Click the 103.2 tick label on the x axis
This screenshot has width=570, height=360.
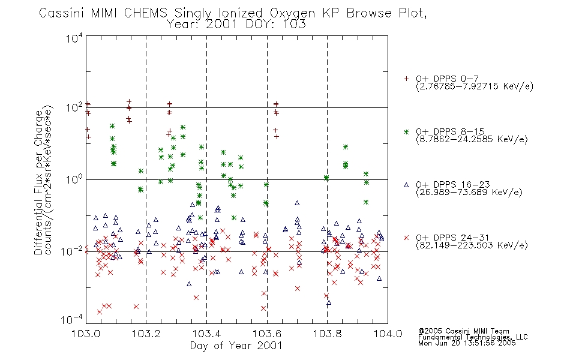point(146,334)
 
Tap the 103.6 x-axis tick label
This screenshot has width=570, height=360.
point(267,334)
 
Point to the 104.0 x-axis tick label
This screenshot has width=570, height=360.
point(388,334)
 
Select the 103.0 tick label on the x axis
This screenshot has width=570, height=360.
point(86,334)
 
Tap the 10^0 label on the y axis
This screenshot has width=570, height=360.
point(74,179)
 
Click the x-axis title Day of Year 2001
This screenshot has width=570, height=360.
point(236,346)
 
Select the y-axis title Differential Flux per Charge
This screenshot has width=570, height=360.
point(38,182)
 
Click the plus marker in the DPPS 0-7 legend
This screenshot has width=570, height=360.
point(406,79)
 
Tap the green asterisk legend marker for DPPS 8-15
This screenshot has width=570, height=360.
point(406,131)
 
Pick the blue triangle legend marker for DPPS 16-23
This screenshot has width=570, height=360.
point(406,185)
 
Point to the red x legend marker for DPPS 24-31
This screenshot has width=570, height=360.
point(406,238)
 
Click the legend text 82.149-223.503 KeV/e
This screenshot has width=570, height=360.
point(472,245)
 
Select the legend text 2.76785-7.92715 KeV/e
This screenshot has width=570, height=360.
point(475,86)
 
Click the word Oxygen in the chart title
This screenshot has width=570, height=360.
point(293,13)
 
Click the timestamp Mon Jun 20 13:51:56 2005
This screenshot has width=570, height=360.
point(467,343)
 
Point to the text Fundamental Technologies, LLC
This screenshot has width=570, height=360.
point(473,337)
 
